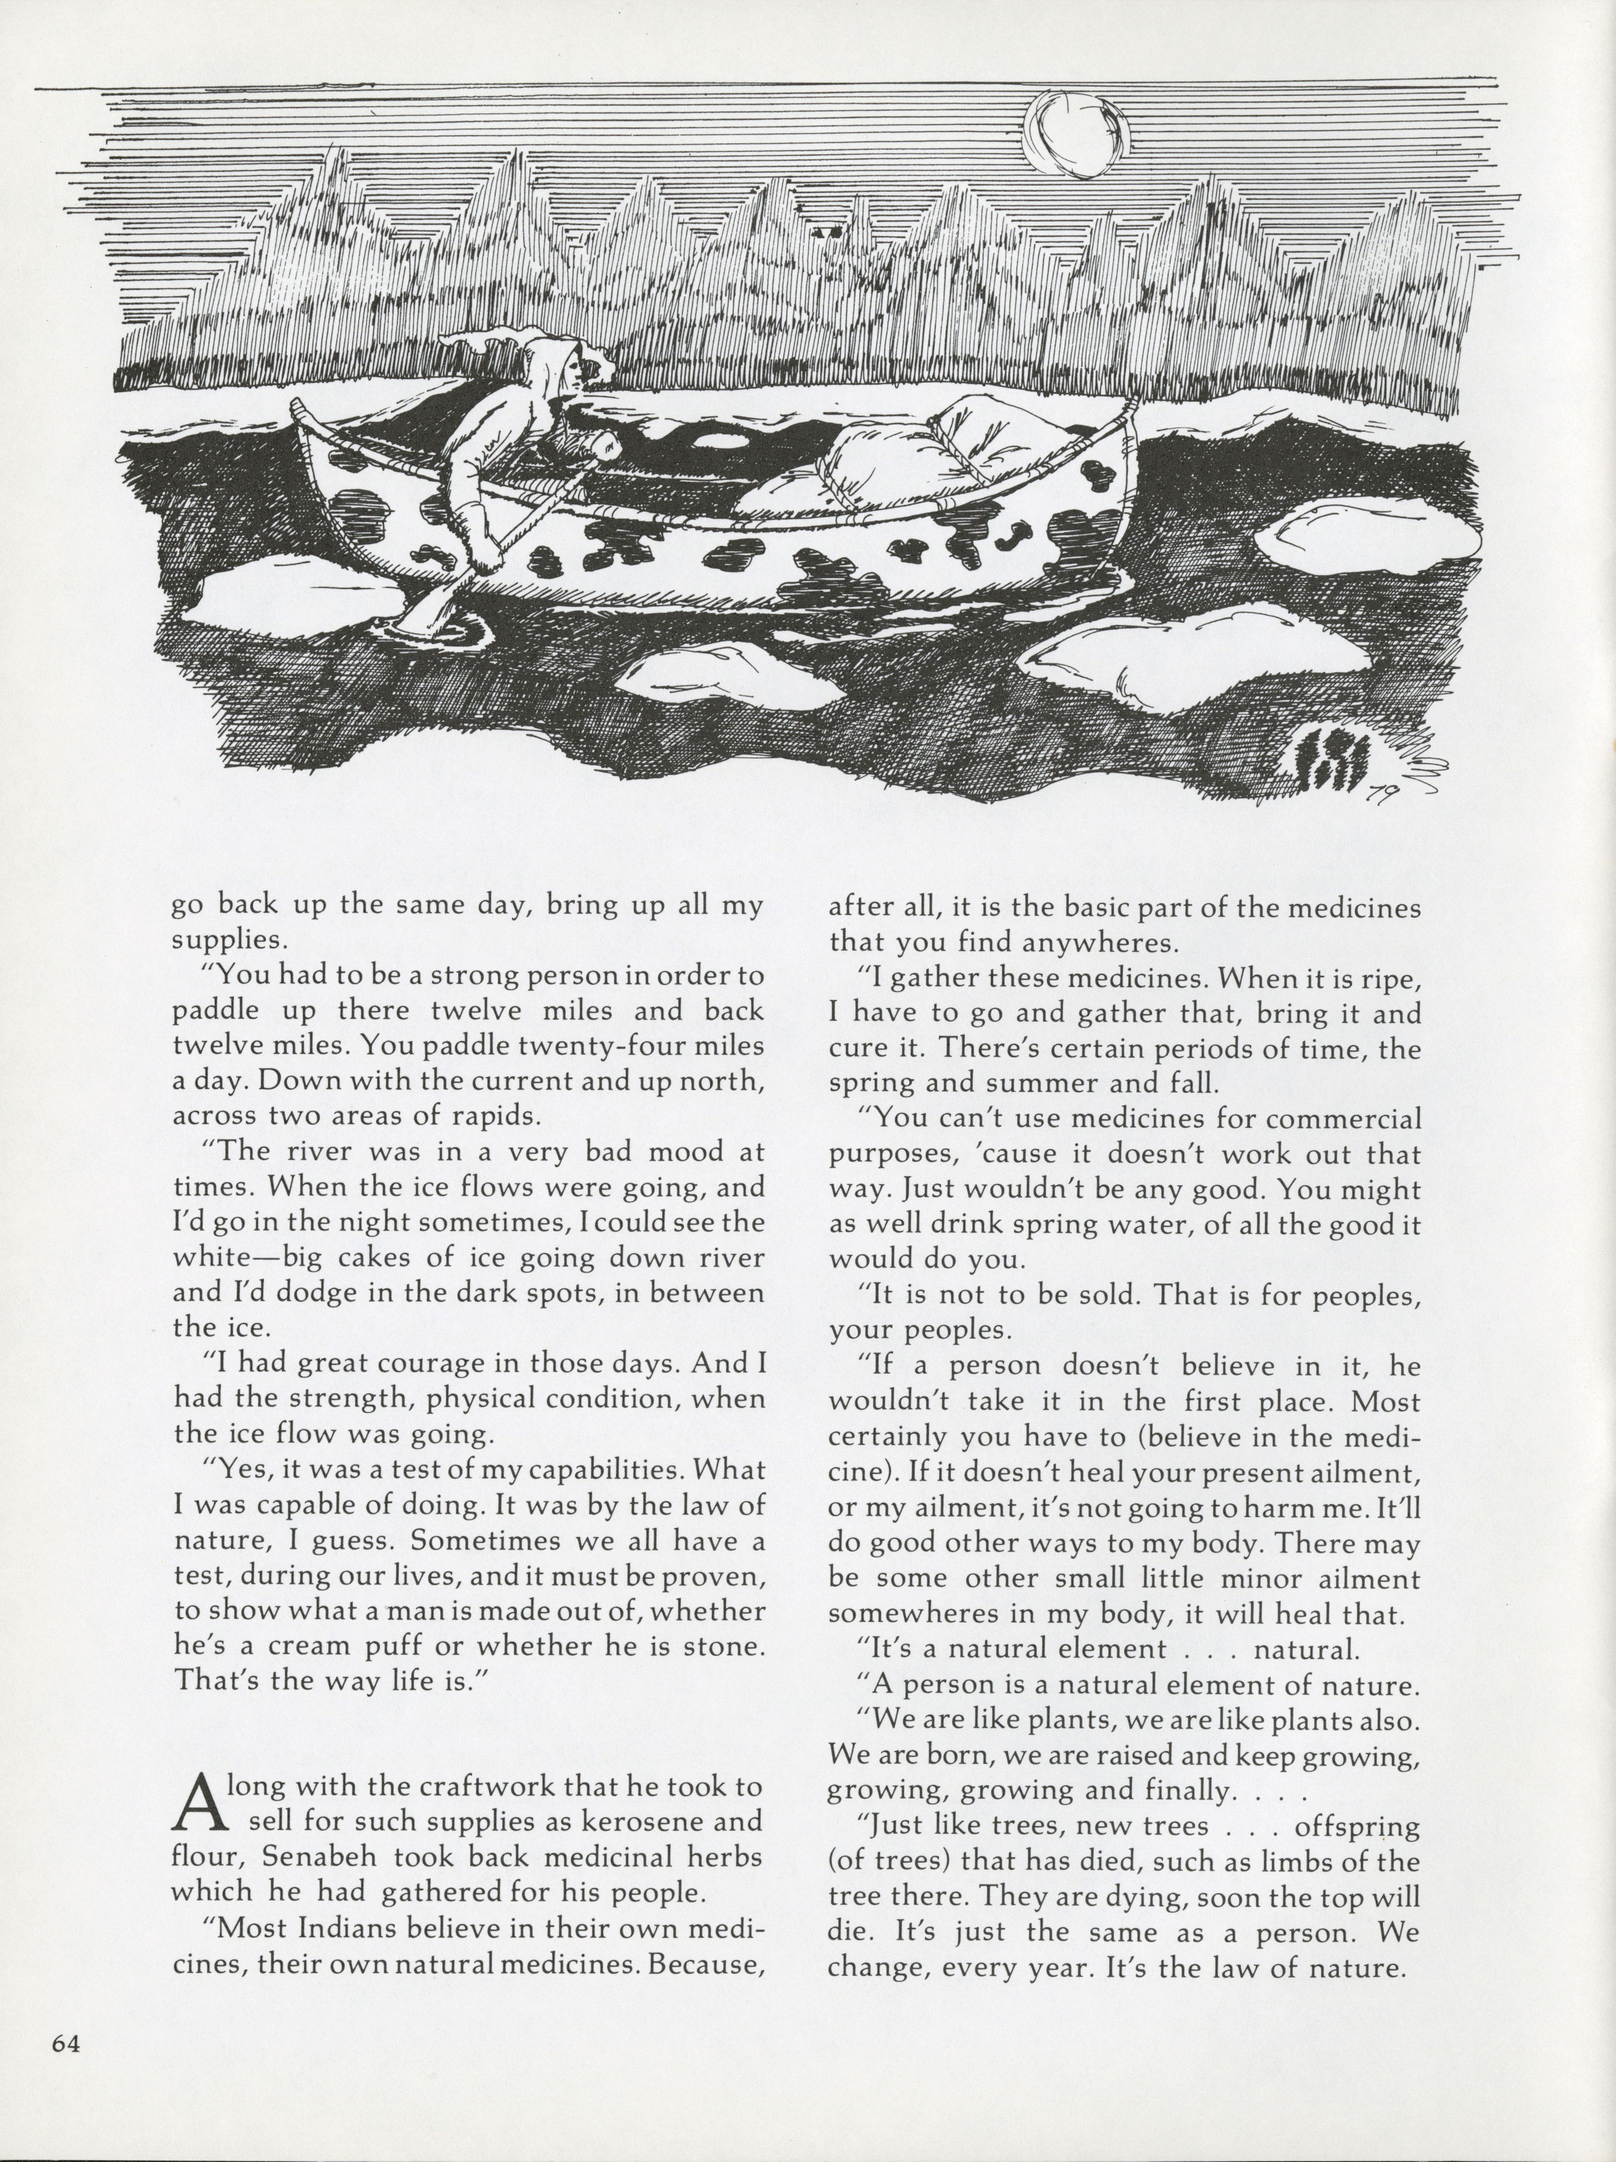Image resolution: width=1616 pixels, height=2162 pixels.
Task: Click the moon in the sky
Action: click(x=1075, y=135)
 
